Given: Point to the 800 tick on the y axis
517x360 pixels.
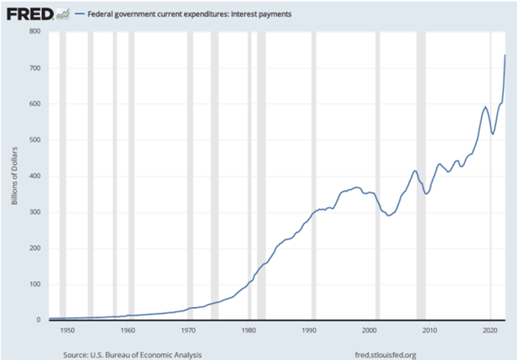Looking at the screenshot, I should (34, 32).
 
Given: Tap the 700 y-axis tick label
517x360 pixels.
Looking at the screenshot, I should (34, 68).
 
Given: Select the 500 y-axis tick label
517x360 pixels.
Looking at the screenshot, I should (34, 140).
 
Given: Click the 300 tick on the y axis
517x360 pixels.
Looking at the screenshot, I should (34, 212).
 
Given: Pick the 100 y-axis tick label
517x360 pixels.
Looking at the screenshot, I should (34, 284).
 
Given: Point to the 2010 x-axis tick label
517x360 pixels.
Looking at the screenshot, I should (429, 331).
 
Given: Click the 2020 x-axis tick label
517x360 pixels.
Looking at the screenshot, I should (489, 331).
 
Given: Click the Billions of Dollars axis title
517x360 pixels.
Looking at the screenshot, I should (13, 176).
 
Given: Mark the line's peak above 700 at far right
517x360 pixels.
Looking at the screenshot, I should (504, 55).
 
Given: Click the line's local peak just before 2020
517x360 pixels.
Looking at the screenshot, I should (485, 106).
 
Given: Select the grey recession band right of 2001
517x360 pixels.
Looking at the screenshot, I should (377, 176).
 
